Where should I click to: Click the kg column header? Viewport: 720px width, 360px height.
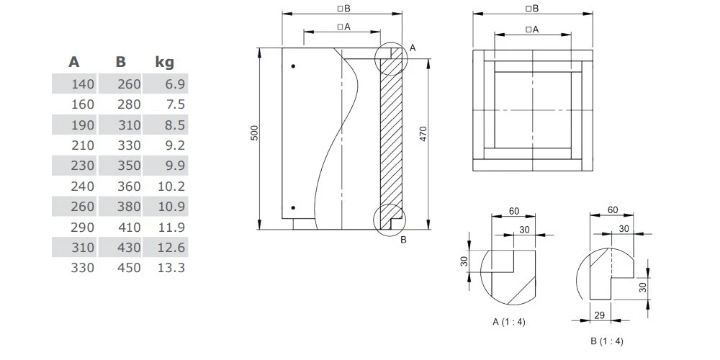(x=164, y=62)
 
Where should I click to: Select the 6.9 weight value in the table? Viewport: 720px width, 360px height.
(x=176, y=84)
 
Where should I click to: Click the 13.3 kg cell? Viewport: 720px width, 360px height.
(x=171, y=269)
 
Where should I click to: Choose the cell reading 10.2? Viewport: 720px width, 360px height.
(x=171, y=186)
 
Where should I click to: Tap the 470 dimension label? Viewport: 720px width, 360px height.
(x=424, y=133)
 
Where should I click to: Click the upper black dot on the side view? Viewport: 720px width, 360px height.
(x=293, y=67)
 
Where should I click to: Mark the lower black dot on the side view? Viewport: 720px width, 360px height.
(x=293, y=208)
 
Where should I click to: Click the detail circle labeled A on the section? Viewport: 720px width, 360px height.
(x=390, y=58)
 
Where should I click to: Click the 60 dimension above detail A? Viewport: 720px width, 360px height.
(x=513, y=212)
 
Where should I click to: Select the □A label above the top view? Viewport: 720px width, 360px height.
(x=532, y=29)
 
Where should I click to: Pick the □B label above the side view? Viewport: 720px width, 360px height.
(x=343, y=9)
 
